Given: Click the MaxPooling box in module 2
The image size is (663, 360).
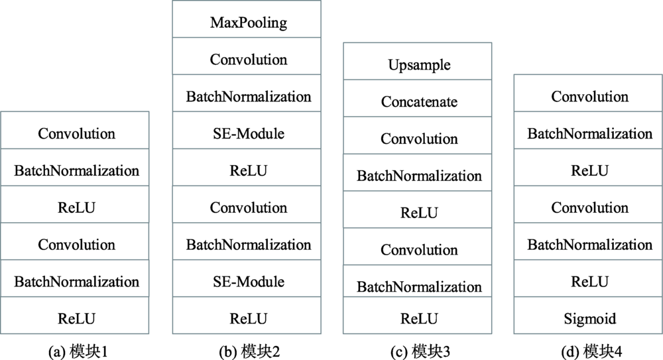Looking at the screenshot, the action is (x=247, y=19).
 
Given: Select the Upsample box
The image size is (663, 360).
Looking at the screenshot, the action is (x=417, y=61).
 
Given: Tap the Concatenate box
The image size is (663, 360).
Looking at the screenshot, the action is (x=417, y=98).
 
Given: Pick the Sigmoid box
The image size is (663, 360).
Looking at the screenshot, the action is (x=588, y=315).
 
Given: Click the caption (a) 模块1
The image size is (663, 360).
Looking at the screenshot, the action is (x=78, y=351).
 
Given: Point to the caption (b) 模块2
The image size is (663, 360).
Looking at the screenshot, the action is (x=249, y=351).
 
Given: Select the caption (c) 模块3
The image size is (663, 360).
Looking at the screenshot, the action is (x=420, y=351).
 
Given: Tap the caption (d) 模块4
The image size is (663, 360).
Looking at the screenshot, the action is (x=591, y=351).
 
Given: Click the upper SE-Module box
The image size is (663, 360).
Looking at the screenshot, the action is (x=247, y=131).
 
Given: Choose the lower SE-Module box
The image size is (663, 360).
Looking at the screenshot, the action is (x=247, y=278).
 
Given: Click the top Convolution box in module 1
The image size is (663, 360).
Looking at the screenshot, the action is (x=75, y=131).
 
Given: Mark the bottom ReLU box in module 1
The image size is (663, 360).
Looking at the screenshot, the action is (x=75, y=315).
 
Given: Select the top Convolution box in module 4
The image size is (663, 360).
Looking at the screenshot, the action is (x=588, y=93).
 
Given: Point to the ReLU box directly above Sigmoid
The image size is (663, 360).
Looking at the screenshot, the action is (x=588, y=278).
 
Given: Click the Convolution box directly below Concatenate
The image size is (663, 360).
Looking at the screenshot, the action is (x=417, y=135).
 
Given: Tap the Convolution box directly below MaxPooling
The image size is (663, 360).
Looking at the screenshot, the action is (x=247, y=56).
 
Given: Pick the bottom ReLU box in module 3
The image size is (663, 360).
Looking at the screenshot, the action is (x=417, y=315).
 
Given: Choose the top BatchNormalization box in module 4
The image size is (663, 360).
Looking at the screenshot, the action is (x=588, y=131).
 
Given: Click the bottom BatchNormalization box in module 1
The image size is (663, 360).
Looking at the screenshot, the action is (x=75, y=278).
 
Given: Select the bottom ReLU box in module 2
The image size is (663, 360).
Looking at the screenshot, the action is (x=247, y=315).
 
